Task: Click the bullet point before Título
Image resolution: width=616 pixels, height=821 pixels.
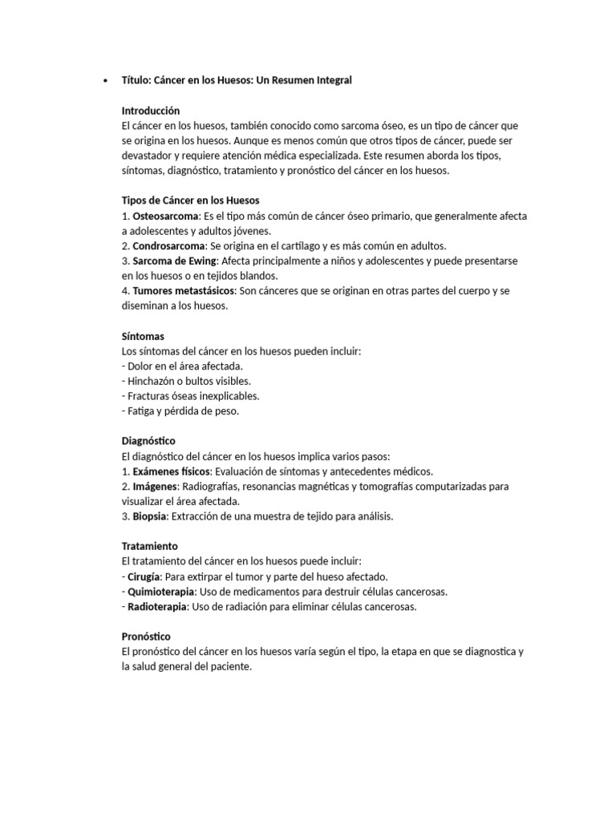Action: (106, 80)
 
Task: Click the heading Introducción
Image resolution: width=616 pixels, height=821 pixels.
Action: (151, 111)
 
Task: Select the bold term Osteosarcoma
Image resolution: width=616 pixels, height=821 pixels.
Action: (167, 216)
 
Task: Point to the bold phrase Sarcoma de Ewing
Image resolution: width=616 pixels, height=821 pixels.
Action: (174, 261)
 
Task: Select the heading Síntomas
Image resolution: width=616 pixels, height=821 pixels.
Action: (143, 337)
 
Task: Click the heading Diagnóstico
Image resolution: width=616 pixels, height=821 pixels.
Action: (148, 441)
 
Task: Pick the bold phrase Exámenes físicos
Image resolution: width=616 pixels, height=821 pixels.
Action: (171, 471)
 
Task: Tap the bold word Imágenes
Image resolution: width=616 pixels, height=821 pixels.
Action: (156, 487)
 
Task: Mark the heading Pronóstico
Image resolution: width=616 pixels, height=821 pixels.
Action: (148, 637)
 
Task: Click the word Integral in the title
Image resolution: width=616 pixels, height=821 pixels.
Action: (330, 80)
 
